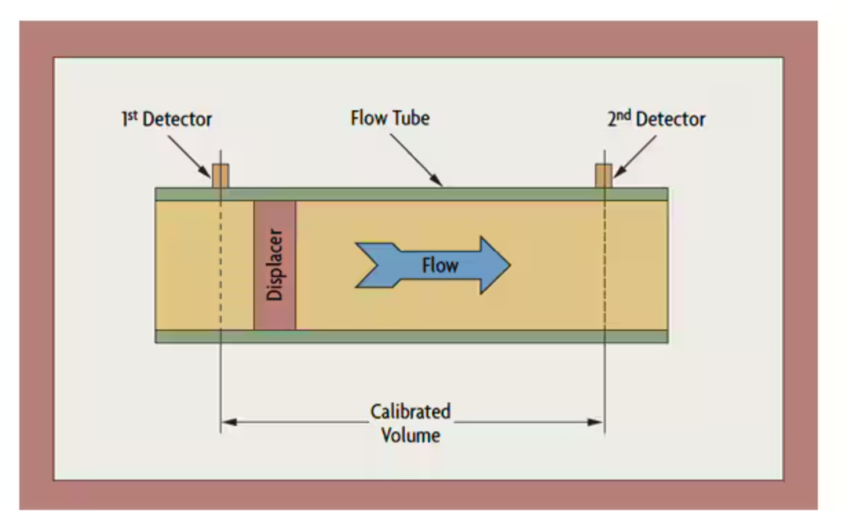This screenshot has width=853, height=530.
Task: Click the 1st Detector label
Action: click(x=165, y=119)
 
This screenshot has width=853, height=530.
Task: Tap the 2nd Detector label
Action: click(x=656, y=119)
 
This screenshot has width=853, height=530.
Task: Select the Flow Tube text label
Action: click(x=390, y=118)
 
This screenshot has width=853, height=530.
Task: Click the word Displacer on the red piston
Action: click(x=276, y=265)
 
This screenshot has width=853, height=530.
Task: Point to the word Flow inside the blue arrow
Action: click(x=440, y=266)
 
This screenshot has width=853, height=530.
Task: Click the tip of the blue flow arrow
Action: click(x=507, y=265)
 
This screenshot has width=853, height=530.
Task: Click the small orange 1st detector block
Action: click(x=220, y=176)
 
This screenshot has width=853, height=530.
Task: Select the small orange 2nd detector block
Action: click(x=604, y=176)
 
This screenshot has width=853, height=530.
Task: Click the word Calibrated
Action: click(x=411, y=412)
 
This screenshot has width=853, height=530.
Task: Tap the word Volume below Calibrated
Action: click(x=411, y=434)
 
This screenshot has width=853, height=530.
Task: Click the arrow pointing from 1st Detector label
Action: click(x=189, y=156)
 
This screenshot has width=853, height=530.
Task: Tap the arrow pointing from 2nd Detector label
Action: click(x=635, y=156)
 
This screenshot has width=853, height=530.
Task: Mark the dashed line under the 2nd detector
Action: click(x=604, y=267)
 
